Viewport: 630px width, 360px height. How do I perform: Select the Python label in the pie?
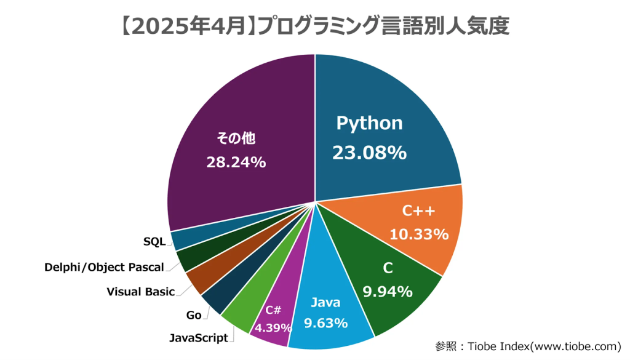click(369, 123)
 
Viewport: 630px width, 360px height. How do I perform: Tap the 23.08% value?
click(369, 153)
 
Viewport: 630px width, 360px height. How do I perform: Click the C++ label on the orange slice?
click(419, 212)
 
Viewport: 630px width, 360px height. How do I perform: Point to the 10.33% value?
click(419, 234)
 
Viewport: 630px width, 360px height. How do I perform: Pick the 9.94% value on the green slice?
click(388, 292)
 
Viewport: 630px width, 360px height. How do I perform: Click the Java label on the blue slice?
click(325, 302)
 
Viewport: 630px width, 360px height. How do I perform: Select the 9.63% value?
click(325, 323)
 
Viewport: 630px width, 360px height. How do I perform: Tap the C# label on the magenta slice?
click(274, 310)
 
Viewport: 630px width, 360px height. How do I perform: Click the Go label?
click(194, 315)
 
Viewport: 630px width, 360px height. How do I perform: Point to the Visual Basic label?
click(141, 292)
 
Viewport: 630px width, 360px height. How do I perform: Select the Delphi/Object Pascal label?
click(104, 267)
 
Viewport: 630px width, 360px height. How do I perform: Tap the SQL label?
click(154, 242)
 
